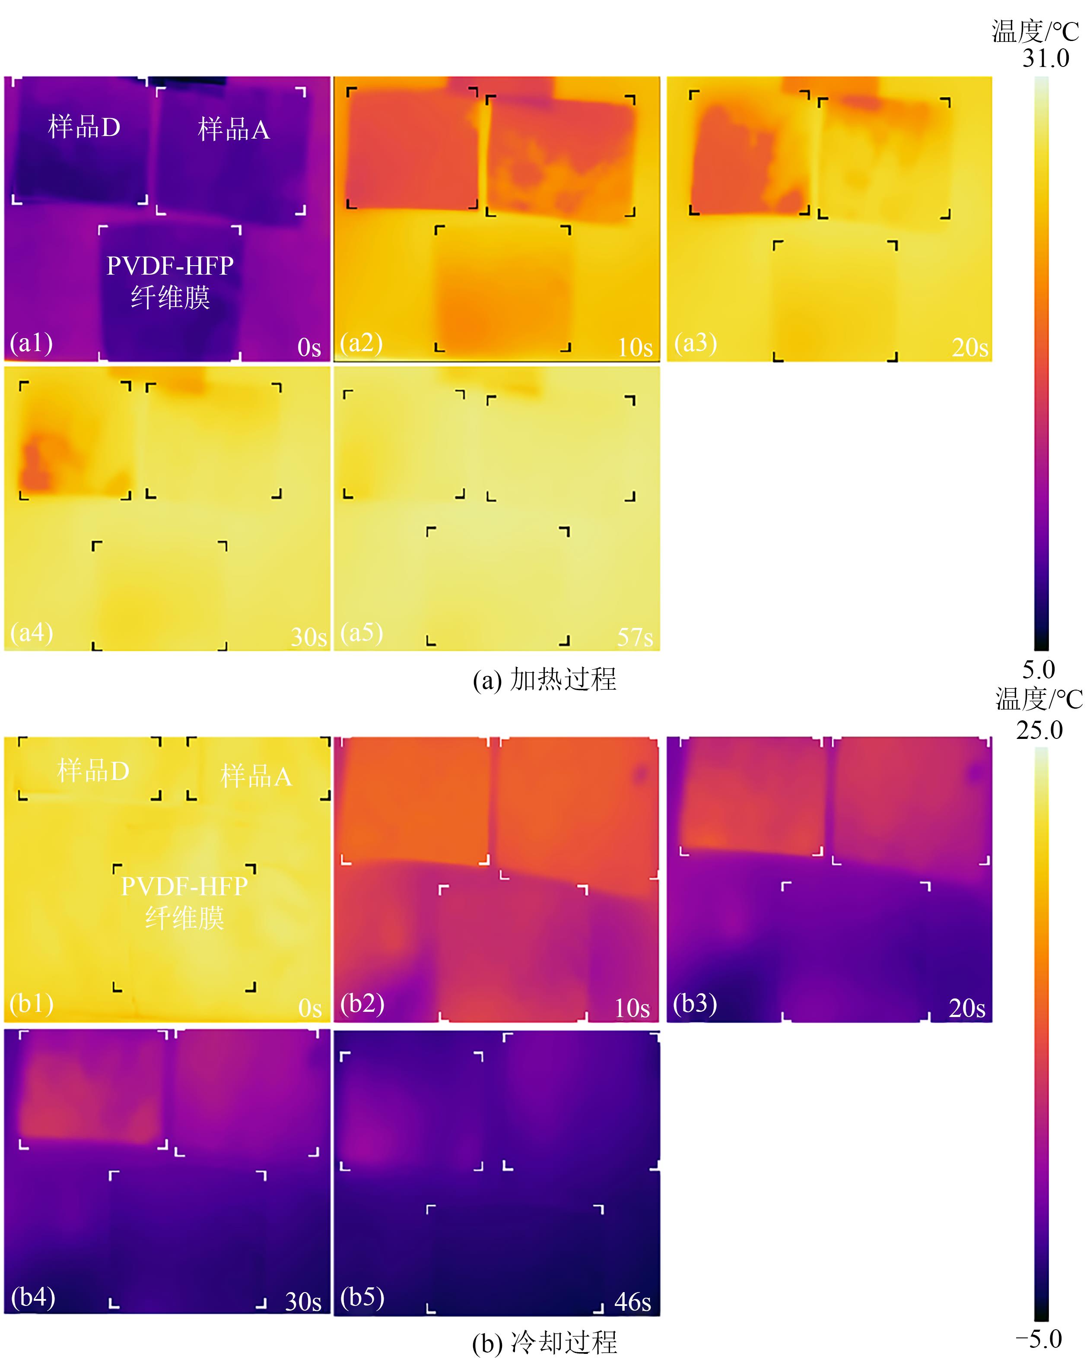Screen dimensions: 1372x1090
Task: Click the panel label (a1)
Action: tap(31, 343)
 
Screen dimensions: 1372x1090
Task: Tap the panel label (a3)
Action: tap(695, 343)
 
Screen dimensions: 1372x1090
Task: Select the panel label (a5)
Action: tap(362, 633)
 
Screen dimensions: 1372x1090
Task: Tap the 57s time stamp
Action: tap(635, 637)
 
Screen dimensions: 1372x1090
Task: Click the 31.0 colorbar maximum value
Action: tap(1046, 59)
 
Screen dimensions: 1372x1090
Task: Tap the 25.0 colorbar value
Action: tap(1039, 730)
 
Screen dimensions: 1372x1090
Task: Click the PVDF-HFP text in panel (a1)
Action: tap(170, 265)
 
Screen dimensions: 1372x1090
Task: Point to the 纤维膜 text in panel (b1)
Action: tap(184, 918)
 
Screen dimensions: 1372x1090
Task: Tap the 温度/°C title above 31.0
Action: tap(1035, 31)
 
